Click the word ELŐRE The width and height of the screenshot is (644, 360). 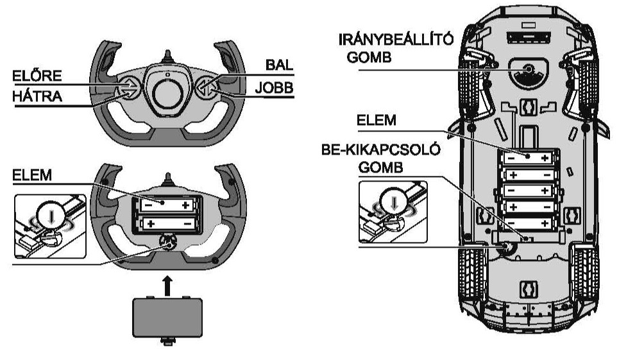pos(37,76)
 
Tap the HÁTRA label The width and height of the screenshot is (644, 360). pos(37,96)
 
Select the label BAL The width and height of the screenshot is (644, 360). pos(279,65)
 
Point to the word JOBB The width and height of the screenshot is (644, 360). pos(275,87)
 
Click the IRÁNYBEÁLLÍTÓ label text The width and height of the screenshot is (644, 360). pos(396,39)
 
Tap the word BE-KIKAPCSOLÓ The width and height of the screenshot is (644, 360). pos(381,150)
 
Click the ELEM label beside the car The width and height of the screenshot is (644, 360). pos(377,120)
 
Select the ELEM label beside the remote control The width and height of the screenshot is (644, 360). pos(32,175)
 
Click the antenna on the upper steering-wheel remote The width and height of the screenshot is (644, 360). pos(167,56)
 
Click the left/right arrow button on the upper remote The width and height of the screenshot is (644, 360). pos(206,87)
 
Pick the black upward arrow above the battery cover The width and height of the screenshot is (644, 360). pos(167,286)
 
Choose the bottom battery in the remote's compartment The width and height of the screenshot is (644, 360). pos(167,224)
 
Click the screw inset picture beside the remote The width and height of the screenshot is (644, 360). pos(50,227)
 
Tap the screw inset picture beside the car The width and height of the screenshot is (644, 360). pos(393,212)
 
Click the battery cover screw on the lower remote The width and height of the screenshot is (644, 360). pos(167,243)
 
